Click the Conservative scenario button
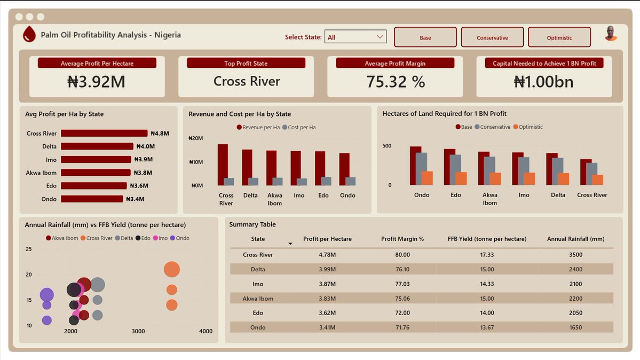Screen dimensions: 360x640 click(492, 37)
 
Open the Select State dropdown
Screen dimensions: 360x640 click(355, 37)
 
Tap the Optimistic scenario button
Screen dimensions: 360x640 click(559, 37)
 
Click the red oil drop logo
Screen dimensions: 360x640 click(29, 35)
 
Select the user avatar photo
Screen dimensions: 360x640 click(611, 34)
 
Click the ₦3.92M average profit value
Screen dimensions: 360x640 click(97, 82)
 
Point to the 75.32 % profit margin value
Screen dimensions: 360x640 click(395, 82)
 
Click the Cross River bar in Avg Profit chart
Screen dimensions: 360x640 click(104, 134)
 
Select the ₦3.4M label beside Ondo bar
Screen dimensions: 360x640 click(135, 199)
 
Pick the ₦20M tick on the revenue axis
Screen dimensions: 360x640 click(196, 138)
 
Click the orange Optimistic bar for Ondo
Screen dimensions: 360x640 click(427, 178)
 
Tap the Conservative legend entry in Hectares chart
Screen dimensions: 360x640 click(495, 127)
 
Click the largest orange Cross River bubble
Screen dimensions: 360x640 click(171, 270)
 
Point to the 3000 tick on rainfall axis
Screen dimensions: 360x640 click(138, 332)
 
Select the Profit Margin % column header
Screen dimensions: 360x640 click(402, 239)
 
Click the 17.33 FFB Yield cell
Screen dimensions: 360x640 click(486, 255)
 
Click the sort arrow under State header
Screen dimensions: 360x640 click(290, 244)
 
